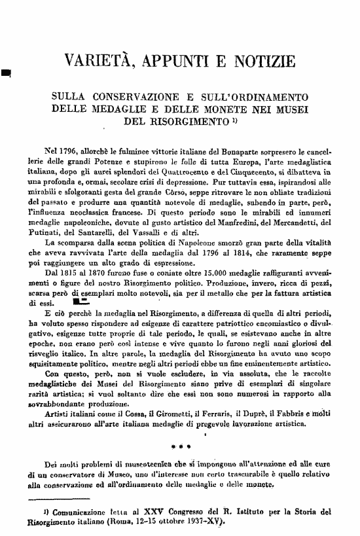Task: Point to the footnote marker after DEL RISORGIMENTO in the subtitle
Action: (233, 120)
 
